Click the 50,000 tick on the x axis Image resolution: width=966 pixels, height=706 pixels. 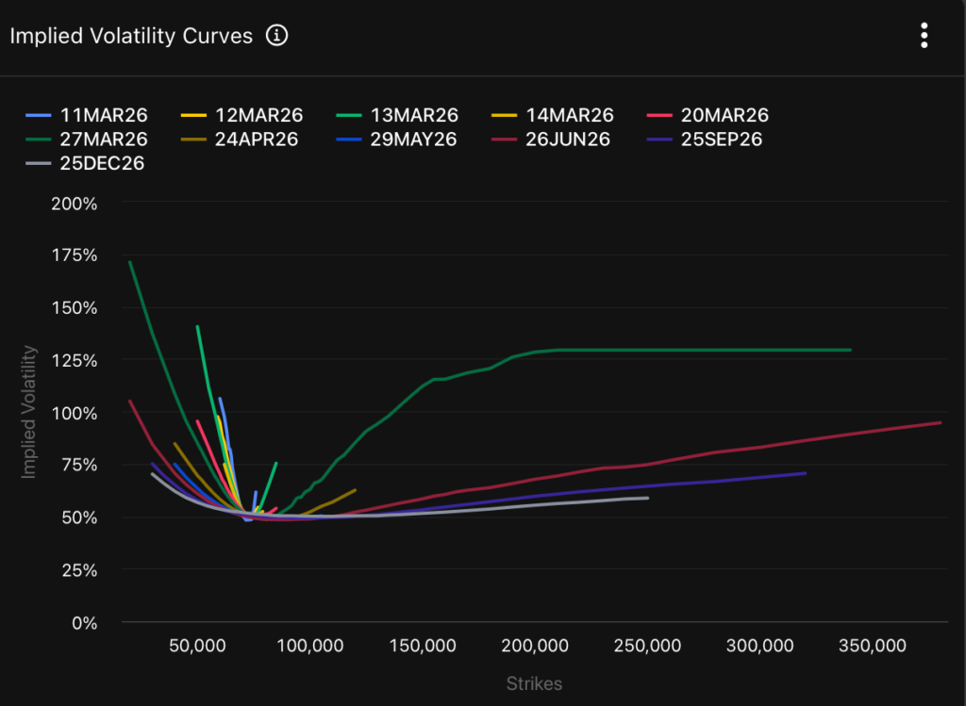pos(197,646)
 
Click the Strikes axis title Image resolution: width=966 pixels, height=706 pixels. pos(534,683)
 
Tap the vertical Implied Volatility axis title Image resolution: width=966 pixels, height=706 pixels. pos(28,412)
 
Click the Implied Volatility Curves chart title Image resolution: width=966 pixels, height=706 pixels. pos(131,36)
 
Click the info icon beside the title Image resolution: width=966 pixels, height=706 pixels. pos(276,36)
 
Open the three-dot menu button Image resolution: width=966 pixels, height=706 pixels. pos(924,36)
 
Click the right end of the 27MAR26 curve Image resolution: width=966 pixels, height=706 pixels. pos(850,350)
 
